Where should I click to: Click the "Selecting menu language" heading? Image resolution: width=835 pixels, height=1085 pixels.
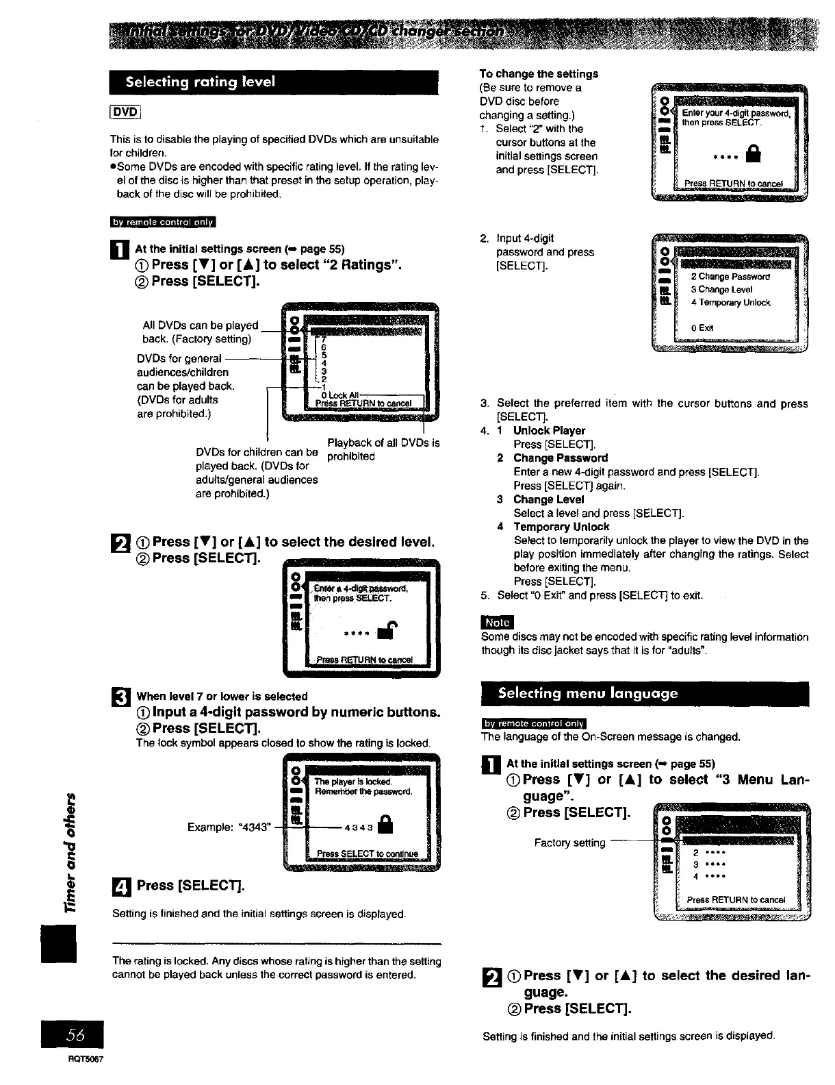[589, 693]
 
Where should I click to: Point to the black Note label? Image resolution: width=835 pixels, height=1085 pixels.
[497, 622]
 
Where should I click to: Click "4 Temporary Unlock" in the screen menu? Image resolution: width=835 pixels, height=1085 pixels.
[730, 303]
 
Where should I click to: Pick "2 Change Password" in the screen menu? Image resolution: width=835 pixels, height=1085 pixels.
[730, 277]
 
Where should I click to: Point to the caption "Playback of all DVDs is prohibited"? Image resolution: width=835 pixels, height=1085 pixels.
[383, 449]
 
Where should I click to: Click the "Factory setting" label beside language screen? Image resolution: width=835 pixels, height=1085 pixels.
[569, 843]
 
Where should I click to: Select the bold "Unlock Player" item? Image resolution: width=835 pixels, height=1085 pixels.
[549, 431]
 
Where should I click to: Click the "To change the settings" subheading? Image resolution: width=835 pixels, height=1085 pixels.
[539, 74]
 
